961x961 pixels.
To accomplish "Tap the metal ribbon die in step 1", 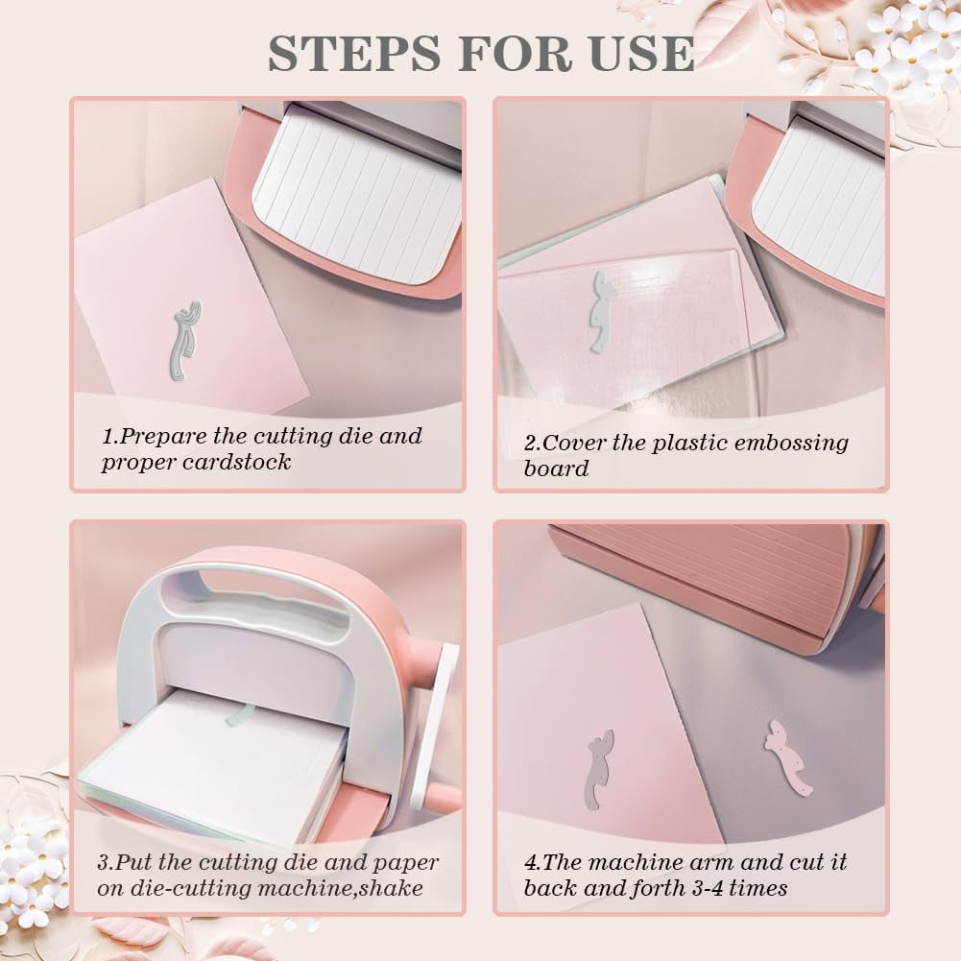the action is [185, 340].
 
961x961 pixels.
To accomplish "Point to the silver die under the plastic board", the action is [601, 311].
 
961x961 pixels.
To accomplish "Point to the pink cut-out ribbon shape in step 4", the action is [787, 757].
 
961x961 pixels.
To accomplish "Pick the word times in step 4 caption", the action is [758, 888].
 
